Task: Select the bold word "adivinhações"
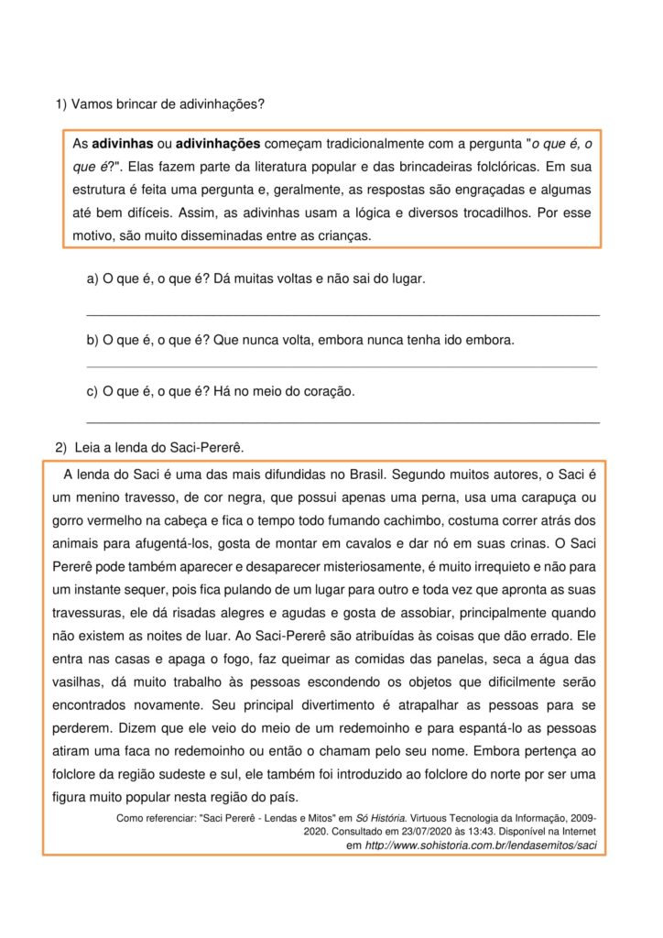[218, 145]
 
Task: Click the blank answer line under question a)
[342, 314]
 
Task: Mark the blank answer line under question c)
[342, 421]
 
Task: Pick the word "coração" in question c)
[328, 391]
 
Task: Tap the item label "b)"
[92, 340]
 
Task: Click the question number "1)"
[62, 104]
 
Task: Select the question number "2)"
[61, 447]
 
